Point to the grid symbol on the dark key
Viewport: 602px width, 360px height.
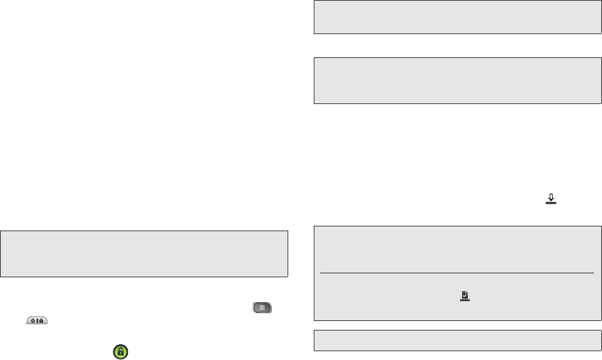coord(262,308)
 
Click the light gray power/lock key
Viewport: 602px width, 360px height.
coord(37,320)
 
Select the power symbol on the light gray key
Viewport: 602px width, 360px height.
coord(33,320)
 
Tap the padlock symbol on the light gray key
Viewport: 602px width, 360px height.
coord(41,320)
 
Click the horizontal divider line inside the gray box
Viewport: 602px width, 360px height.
coord(457,273)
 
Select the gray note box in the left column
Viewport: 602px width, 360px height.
coord(144,254)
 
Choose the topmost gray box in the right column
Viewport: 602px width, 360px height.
coord(457,17)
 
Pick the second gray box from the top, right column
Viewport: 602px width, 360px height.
coord(457,80)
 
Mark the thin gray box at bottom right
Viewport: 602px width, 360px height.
coord(457,339)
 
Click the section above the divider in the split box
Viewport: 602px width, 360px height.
coord(457,250)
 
